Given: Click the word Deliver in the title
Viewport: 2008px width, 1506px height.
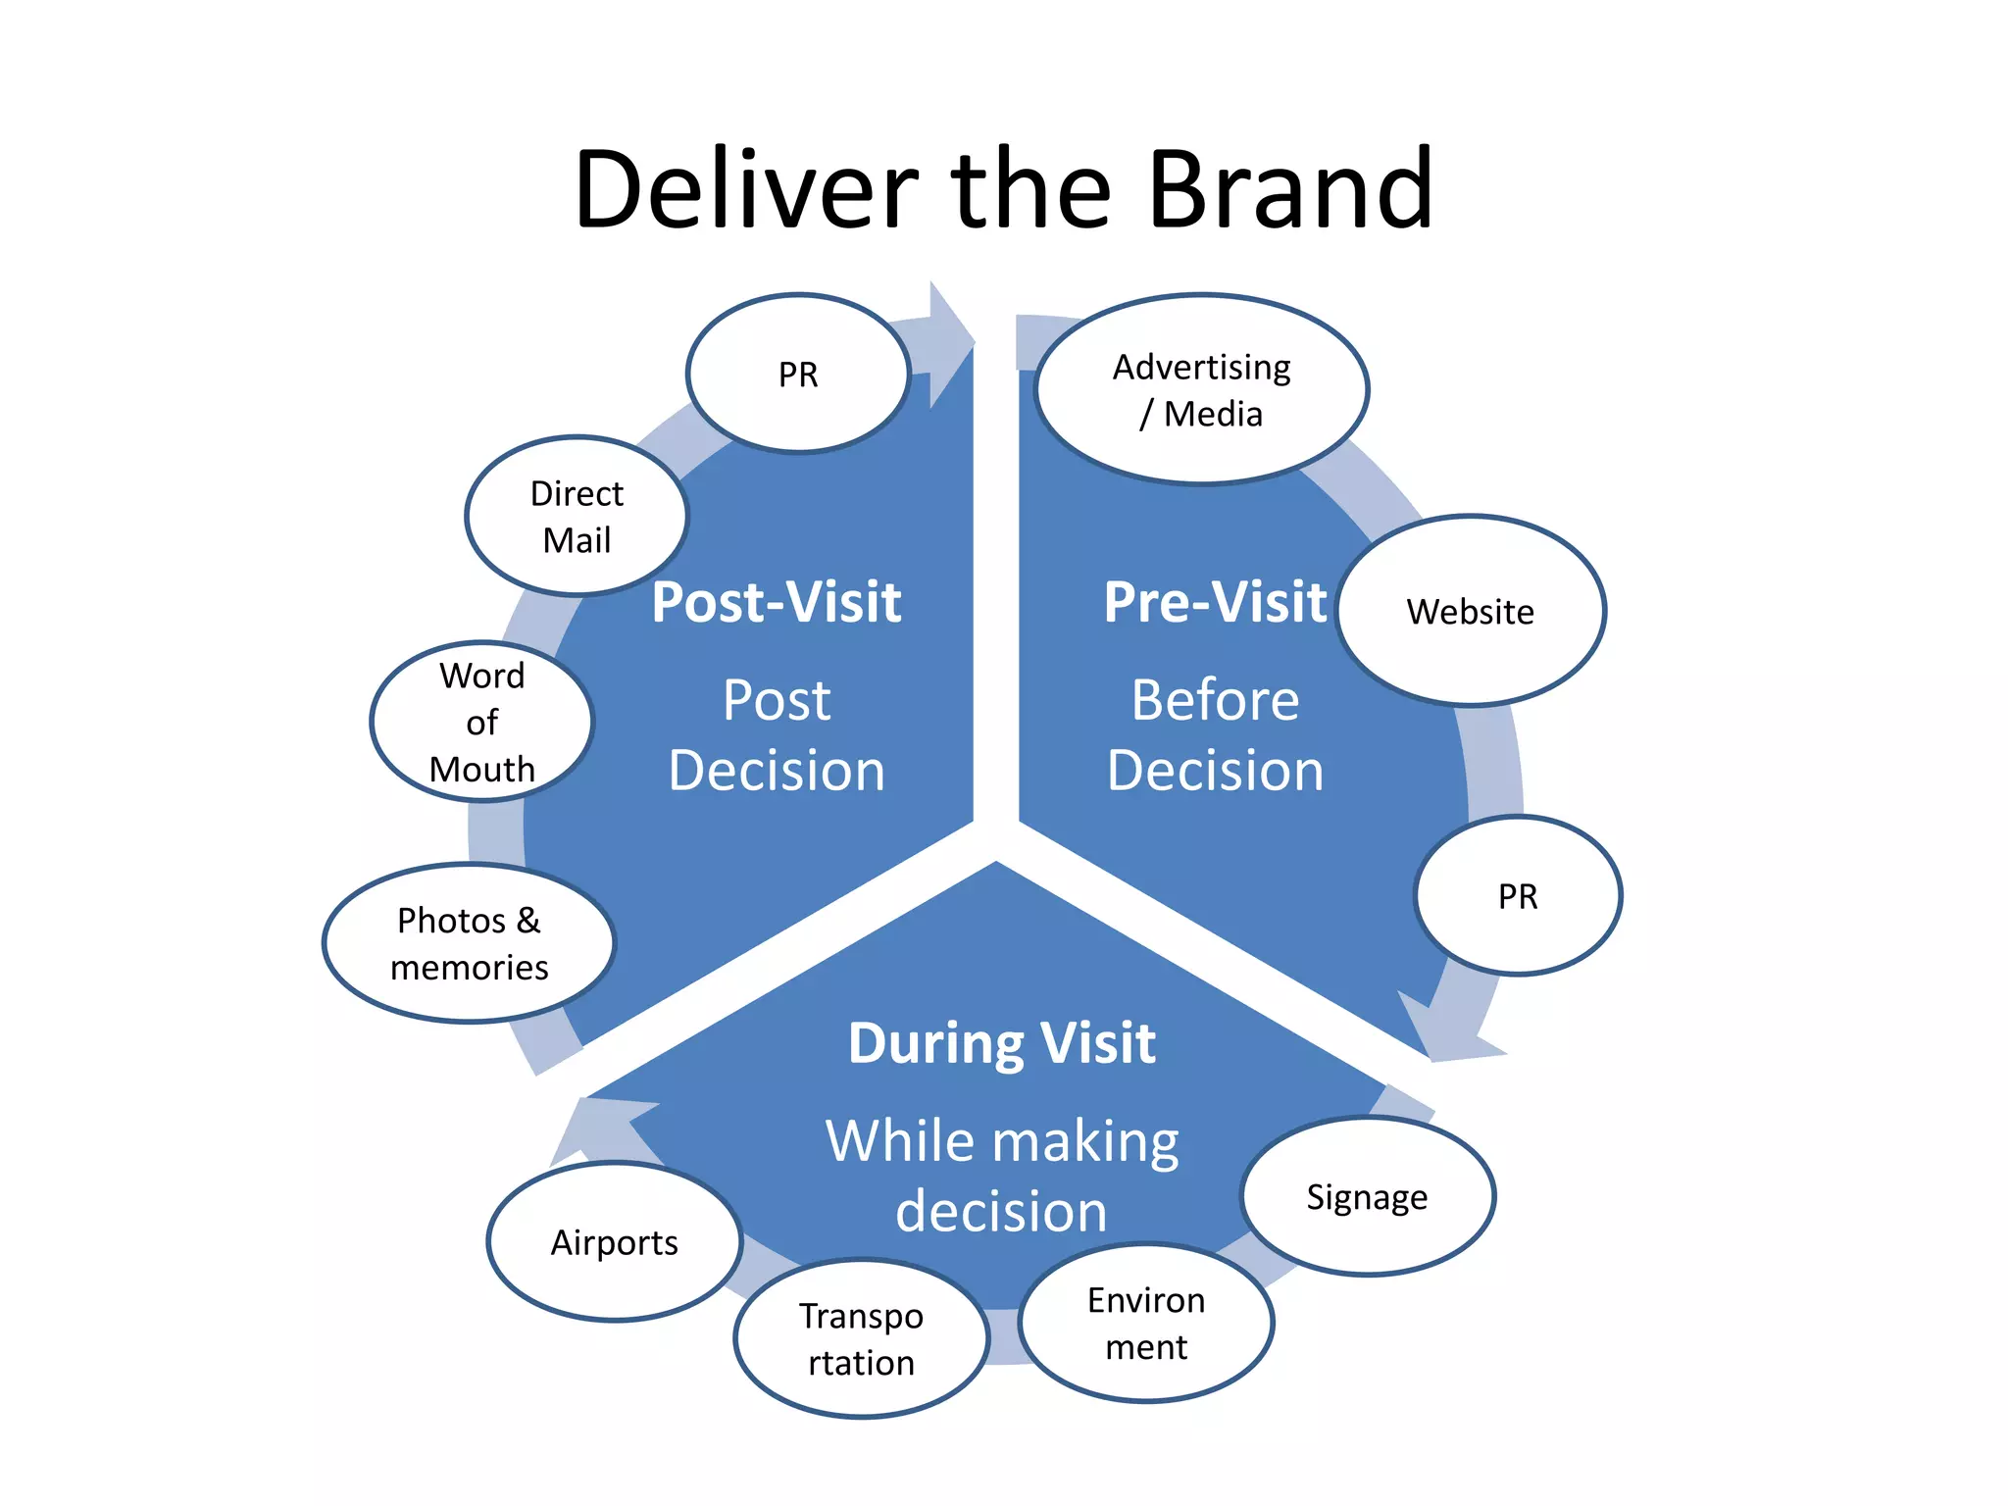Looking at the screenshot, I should click(x=745, y=189).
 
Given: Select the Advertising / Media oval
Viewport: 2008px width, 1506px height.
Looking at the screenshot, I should click(x=1201, y=389).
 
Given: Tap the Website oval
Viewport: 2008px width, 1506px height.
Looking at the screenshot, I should click(x=1470, y=611).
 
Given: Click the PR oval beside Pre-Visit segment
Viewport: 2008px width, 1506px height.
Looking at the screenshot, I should click(x=1518, y=895).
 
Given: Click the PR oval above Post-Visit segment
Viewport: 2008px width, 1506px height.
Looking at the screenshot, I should click(x=797, y=374).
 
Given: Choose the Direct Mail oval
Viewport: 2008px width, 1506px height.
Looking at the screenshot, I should click(x=577, y=516).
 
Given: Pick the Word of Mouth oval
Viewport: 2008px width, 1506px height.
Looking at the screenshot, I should click(x=481, y=723).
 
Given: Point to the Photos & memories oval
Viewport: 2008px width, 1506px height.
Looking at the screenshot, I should click(x=469, y=943).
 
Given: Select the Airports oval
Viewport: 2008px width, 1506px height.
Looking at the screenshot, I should click(x=614, y=1242).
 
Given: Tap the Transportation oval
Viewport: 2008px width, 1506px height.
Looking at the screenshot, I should click(x=861, y=1338).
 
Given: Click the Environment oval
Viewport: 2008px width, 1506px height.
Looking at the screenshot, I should click(x=1145, y=1323).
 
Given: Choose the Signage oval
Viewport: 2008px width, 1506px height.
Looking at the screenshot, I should click(x=1367, y=1196).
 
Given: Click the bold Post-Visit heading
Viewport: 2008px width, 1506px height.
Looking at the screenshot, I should click(x=777, y=601).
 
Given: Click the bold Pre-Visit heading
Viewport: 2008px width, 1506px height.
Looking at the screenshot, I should click(x=1215, y=601).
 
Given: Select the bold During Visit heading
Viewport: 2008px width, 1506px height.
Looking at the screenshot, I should click(x=1001, y=1042).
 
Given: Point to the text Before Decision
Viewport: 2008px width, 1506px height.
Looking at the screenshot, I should click(x=1215, y=735).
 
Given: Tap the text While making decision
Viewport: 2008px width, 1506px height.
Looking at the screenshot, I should click(x=1001, y=1176).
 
